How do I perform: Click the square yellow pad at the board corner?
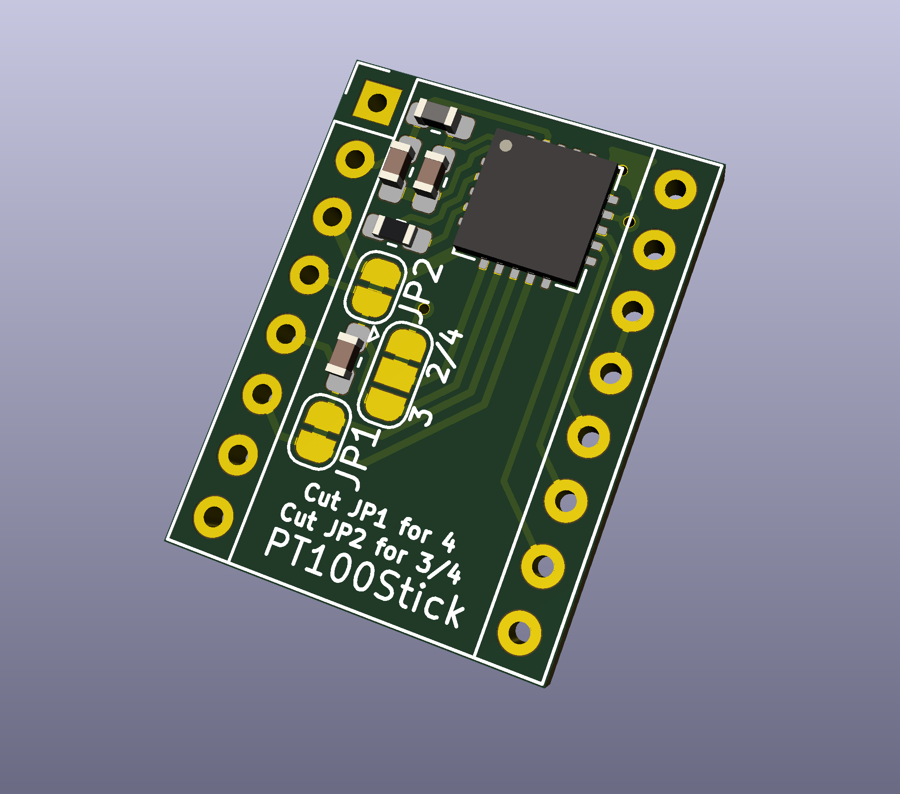[377, 103]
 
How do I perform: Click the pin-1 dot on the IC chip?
[506, 146]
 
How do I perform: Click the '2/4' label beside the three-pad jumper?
[445, 356]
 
